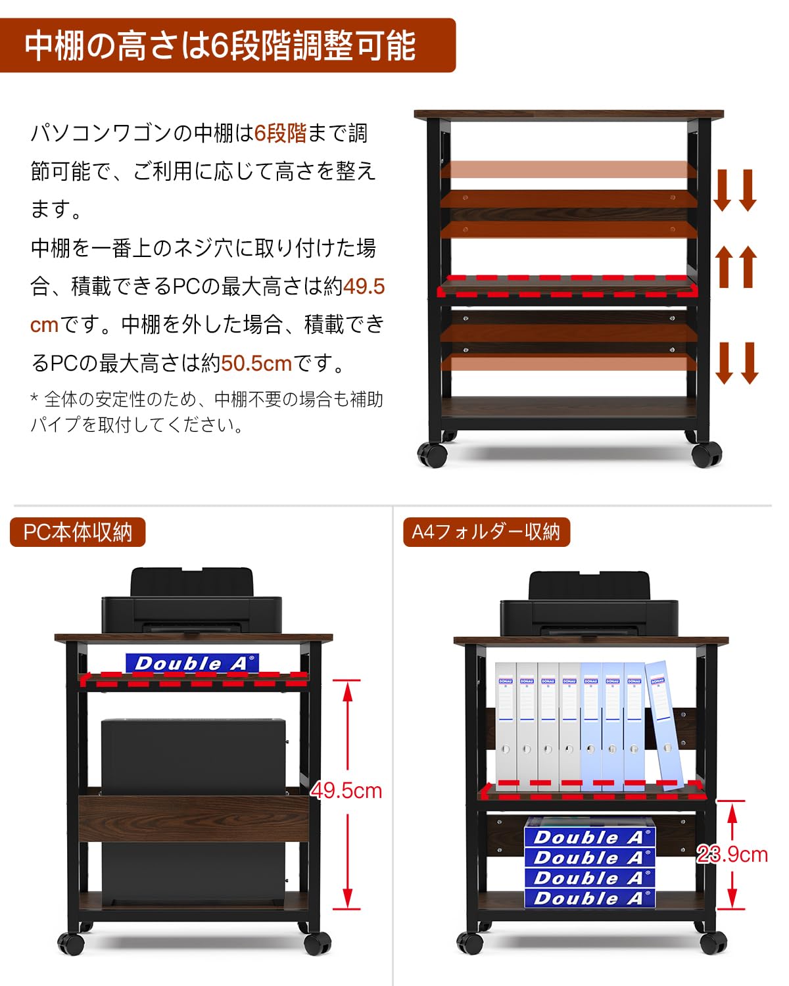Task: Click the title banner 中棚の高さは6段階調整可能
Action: pyautogui.click(x=220, y=45)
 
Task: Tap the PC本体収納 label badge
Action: pyautogui.click(x=78, y=532)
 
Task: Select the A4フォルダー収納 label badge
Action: pyautogui.click(x=486, y=532)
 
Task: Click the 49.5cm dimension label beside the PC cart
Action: pyautogui.click(x=347, y=790)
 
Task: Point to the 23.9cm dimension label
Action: pyautogui.click(x=732, y=854)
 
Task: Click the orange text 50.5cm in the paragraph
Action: pyautogui.click(x=256, y=363)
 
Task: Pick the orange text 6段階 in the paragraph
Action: pyautogui.click(x=280, y=133)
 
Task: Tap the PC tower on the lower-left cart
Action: pyautogui.click(x=193, y=756)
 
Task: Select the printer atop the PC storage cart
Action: pyautogui.click(x=191, y=601)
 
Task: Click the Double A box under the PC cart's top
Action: pyautogui.click(x=192, y=663)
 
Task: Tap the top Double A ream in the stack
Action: pyautogui.click(x=589, y=837)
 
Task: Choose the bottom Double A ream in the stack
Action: pyautogui.click(x=589, y=898)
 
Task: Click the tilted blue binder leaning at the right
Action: pyautogui.click(x=664, y=723)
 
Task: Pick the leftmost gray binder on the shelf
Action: pyautogui.click(x=506, y=723)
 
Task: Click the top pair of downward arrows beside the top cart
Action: pyautogui.click(x=735, y=190)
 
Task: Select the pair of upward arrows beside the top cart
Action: pyautogui.click(x=736, y=266)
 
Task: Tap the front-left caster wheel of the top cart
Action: pyautogui.click(x=432, y=454)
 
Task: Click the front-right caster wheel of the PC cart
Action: pyautogui.click(x=318, y=944)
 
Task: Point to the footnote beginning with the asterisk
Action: pyautogui.click(x=206, y=411)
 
